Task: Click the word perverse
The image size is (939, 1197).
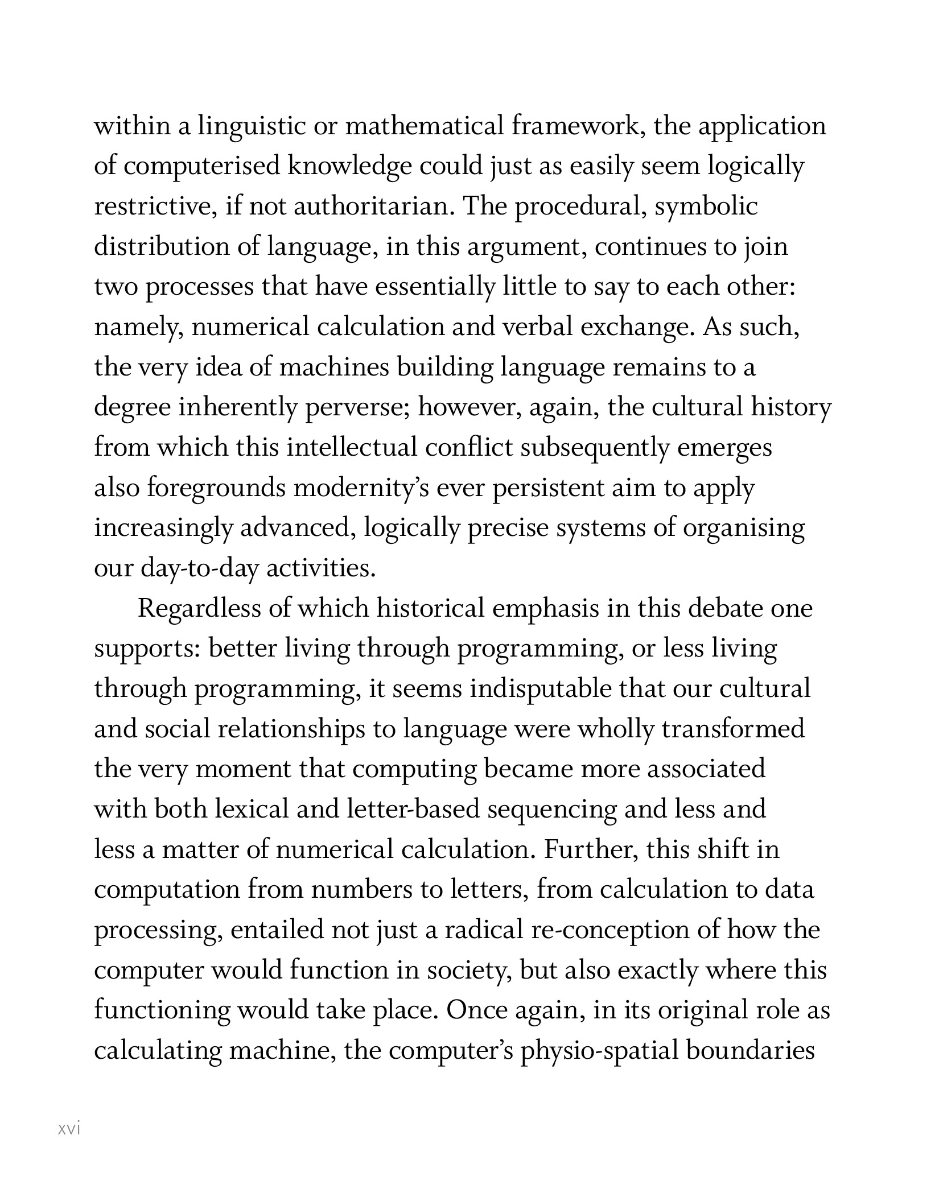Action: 358,408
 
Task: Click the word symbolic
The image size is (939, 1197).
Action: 706,207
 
